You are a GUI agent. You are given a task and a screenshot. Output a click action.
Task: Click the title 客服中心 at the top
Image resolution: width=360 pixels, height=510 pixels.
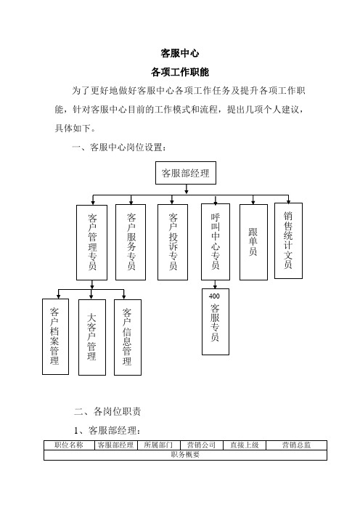coord(180,53)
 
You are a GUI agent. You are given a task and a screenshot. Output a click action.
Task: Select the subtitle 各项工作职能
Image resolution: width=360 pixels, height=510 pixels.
coord(180,72)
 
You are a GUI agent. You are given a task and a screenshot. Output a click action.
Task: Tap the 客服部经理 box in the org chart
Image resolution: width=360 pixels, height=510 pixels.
coord(186,173)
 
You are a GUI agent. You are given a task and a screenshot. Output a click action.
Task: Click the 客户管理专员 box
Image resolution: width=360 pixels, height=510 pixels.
coord(91,243)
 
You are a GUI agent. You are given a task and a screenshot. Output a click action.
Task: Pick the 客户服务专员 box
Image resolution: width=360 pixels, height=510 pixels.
coord(131,243)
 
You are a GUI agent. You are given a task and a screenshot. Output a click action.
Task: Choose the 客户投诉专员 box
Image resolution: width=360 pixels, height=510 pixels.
coord(173,243)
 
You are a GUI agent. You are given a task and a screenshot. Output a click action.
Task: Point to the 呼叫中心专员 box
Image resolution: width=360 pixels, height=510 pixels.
coord(216,242)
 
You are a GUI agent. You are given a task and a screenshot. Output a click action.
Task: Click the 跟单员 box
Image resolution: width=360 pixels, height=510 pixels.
coord(253,242)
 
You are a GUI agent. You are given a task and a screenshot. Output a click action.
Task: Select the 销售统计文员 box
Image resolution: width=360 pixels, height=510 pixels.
coord(288,240)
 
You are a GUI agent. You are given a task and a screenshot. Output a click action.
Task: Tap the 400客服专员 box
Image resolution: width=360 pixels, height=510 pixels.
coord(216,322)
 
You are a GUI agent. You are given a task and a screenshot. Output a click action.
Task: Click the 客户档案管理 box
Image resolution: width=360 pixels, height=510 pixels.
coord(55,336)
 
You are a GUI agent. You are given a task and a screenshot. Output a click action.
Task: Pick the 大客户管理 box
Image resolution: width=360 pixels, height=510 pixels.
coord(92,337)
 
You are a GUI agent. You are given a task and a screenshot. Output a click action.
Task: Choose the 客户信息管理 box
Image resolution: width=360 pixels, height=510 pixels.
coord(128,337)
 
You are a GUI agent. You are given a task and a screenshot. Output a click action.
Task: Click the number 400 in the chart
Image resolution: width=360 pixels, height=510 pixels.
coord(214,296)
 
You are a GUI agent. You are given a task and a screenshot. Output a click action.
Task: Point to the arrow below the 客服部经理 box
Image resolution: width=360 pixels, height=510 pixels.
coord(187,190)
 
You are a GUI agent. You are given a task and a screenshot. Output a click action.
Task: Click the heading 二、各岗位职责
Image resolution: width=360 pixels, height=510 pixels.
coord(107,411)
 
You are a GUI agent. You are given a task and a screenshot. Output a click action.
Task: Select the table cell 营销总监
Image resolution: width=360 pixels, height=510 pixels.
coord(296,445)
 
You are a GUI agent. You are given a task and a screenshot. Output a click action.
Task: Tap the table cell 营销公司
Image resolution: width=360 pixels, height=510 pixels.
coord(202,445)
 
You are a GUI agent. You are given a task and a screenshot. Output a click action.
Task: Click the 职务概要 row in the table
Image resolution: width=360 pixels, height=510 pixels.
coord(185,455)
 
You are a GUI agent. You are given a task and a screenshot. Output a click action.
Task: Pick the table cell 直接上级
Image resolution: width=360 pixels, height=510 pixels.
coord(245,445)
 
